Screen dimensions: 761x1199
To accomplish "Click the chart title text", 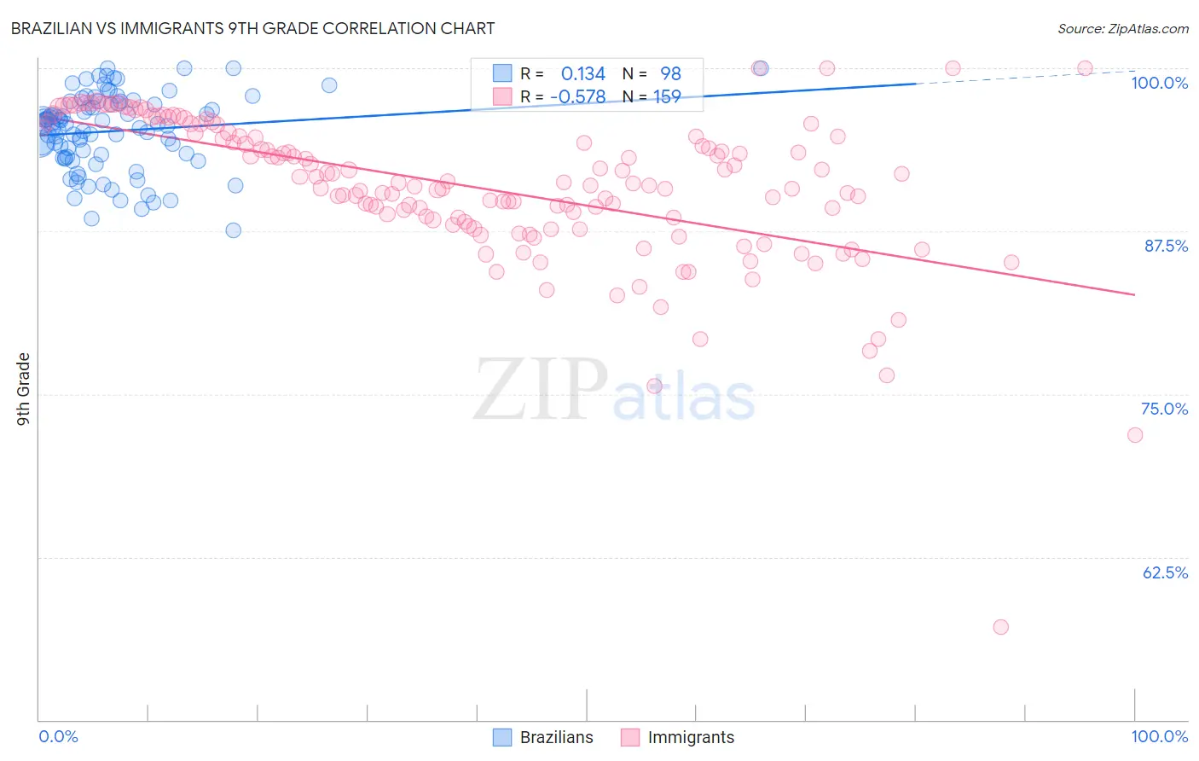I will (x=253, y=28).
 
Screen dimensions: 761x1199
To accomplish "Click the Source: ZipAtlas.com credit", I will (x=1122, y=28).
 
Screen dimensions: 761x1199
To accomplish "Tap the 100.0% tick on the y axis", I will (x=1159, y=83).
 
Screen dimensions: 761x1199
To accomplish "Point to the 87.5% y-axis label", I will (x=1165, y=246).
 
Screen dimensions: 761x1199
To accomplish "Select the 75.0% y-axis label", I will (x=1164, y=409).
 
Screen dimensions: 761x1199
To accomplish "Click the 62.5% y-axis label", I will (x=1164, y=572).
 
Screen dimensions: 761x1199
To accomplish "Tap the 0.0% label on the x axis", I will (x=58, y=736).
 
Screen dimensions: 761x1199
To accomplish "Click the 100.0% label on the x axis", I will (x=1159, y=736).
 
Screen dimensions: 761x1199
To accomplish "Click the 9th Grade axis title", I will (x=24, y=389).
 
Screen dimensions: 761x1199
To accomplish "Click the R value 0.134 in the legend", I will (x=582, y=74).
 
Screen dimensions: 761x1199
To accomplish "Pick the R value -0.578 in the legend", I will (x=577, y=97).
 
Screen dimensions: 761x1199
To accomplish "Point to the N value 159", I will (x=667, y=97).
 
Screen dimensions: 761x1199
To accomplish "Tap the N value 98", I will (x=670, y=74).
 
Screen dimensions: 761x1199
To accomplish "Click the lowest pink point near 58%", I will (x=1001, y=627).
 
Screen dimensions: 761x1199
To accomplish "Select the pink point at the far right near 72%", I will (x=1135, y=435).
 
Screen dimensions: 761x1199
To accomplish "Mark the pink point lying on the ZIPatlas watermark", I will (x=655, y=386).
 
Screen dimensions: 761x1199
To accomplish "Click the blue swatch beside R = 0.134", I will (x=502, y=74).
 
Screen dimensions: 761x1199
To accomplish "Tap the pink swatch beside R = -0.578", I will (x=502, y=97).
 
